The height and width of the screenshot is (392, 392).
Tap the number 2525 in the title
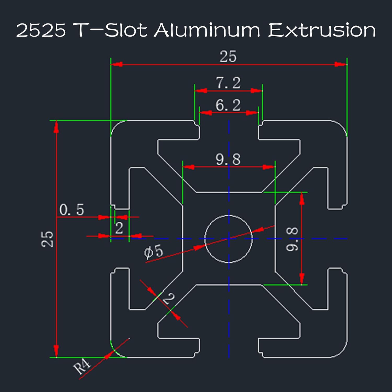tap(41, 30)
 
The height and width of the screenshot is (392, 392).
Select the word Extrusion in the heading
tap(322, 30)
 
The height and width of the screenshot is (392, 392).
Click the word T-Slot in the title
tap(109, 30)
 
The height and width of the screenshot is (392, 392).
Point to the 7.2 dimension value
tap(228, 83)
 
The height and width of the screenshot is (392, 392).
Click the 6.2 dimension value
tap(228, 105)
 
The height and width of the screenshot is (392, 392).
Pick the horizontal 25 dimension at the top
tap(228, 56)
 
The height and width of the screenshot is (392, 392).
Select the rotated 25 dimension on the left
tap(47, 239)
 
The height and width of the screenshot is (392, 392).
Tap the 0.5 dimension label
tap(72, 210)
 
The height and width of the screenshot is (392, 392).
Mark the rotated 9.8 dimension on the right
tap(292, 239)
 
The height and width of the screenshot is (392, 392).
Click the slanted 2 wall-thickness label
tap(169, 298)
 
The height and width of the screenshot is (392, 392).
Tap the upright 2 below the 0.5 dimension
tap(119, 228)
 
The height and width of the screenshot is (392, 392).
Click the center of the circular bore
tap(229, 239)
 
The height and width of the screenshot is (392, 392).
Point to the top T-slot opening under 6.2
tap(229, 128)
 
